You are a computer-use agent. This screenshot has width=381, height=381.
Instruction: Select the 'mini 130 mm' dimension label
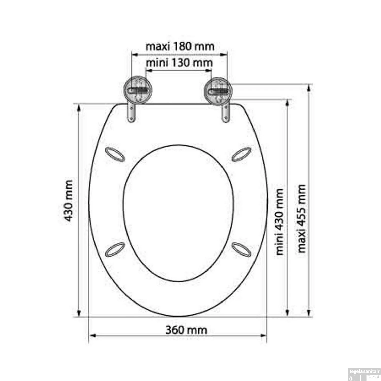tap(179, 62)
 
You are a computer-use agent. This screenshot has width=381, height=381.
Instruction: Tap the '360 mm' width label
tap(186, 330)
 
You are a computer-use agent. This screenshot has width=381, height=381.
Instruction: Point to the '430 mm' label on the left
tap(68, 201)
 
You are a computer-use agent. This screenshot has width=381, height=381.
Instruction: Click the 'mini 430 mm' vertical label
tap(279, 221)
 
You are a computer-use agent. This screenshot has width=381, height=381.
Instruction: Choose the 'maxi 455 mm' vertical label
tap(301, 218)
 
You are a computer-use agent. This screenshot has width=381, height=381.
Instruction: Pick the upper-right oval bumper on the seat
tap(242, 154)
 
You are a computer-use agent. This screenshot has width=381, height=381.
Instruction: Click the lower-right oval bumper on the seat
tap(242, 249)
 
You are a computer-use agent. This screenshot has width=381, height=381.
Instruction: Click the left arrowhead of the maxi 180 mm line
tap(134, 54)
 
